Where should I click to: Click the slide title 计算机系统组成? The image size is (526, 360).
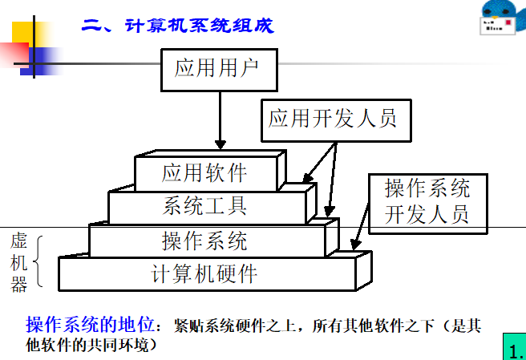(177, 26)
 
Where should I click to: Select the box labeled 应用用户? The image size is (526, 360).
(219, 69)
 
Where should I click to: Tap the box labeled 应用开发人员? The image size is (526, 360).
(333, 119)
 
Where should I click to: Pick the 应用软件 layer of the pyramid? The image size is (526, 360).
(204, 172)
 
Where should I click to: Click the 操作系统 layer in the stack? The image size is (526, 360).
(205, 240)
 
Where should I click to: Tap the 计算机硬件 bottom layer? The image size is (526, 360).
(205, 273)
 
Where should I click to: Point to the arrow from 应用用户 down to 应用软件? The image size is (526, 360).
(219, 120)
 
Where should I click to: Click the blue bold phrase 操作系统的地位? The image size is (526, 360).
(89, 326)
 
